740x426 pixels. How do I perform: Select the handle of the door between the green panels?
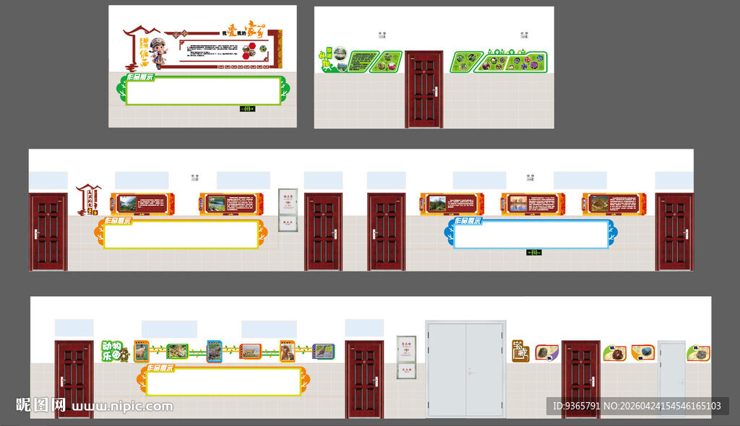(x=435, y=91)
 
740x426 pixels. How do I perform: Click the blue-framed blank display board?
(x=530, y=234)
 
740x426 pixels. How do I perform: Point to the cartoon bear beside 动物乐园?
(x=124, y=355)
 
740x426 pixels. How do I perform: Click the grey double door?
(x=465, y=370)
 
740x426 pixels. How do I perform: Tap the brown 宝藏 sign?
(x=520, y=351)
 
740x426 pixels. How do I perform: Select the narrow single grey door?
(x=671, y=378)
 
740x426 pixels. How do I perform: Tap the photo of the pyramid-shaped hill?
(x=600, y=204)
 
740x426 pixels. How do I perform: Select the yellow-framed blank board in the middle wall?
(x=181, y=235)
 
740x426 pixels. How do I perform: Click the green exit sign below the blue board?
(x=534, y=252)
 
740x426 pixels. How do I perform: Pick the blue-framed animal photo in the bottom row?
(x=215, y=351)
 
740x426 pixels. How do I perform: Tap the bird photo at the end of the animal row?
(x=323, y=351)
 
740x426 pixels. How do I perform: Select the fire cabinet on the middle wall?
(x=288, y=209)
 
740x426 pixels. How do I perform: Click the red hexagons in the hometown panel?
(x=249, y=51)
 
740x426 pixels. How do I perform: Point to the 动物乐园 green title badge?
(x=111, y=351)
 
